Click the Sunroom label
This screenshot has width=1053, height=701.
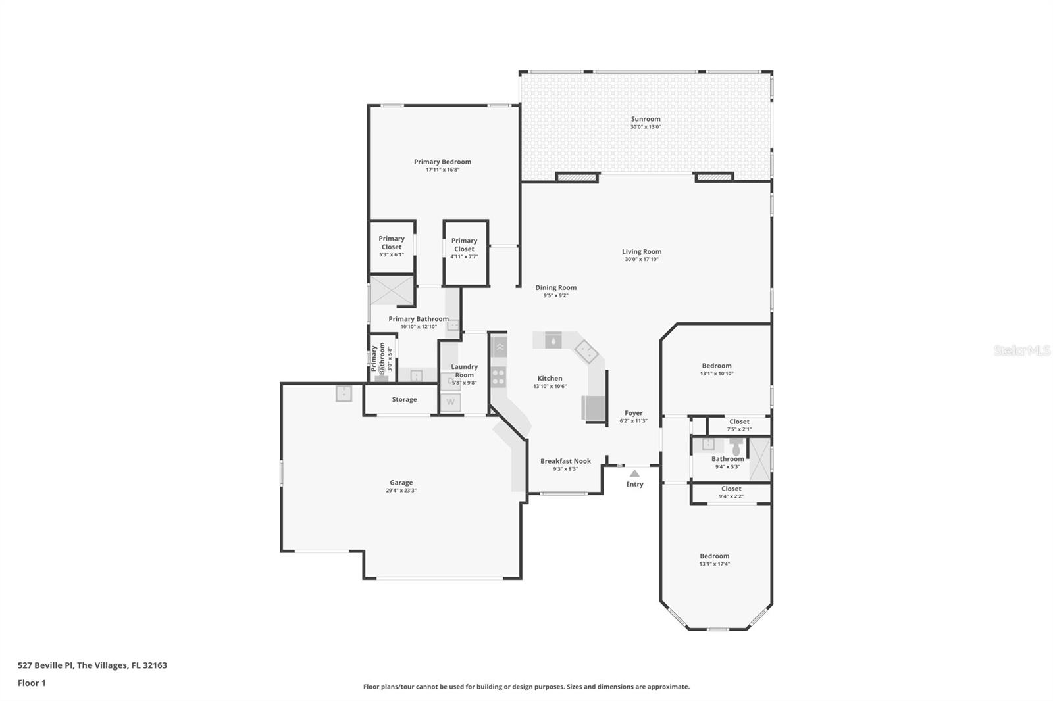pyautogui.click(x=645, y=119)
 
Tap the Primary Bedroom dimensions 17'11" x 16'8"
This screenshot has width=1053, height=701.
pyautogui.click(x=442, y=170)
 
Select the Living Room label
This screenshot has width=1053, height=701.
pyautogui.click(x=642, y=251)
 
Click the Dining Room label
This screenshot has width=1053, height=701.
pyautogui.click(x=555, y=287)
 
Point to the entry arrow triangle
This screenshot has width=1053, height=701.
pyautogui.click(x=634, y=473)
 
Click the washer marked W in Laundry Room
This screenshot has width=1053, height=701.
pyautogui.click(x=451, y=402)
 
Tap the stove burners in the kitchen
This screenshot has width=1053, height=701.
pyautogui.click(x=499, y=377)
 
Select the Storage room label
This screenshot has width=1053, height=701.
pyautogui.click(x=404, y=399)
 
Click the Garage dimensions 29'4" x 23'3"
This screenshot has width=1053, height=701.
pyautogui.click(x=401, y=491)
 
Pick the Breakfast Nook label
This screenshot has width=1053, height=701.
pyautogui.click(x=565, y=461)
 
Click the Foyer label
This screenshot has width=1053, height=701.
pyautogui.click(x=633, y=413)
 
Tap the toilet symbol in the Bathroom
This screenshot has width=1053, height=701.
pyautogui.click(x=736, y=447)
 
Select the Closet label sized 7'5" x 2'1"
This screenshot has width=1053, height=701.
pyautogui.click(x=739, y=422)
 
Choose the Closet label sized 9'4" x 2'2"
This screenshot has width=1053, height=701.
pyautogui.click(x=731, y=489)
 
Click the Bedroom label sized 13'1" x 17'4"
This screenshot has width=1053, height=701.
pyautogui.click(x=714, y=556)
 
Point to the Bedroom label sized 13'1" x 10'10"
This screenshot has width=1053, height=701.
pyautogui.click(x=716, y=366)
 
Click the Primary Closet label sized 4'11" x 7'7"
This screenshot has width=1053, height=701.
pyautogui.click(x=464, y=245)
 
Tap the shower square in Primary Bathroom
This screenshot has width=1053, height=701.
pyautogui.click(x=392, y=291)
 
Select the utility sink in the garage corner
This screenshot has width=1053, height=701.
pyautogui.click(x=344, y=393)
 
